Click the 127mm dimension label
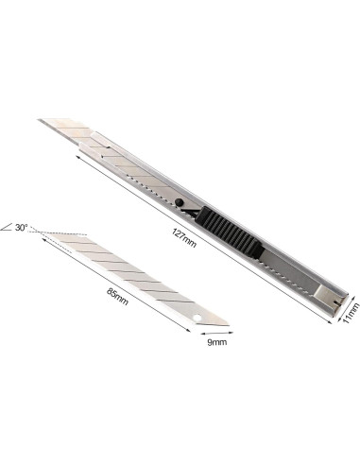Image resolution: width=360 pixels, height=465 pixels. [x=184, y=237]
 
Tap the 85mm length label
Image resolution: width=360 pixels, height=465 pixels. [x=117, y=297]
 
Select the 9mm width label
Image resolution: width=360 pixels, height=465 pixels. [x=216, y=342]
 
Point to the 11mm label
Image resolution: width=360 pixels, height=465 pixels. [x=351, y=313]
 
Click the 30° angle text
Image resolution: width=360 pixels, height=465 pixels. [x=21, y=227]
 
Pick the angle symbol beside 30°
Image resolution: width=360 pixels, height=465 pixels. [x=7, y=227]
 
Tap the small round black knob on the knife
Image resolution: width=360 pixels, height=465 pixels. [x=180, y=201]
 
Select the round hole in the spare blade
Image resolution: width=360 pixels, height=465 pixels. [x=197, y=318]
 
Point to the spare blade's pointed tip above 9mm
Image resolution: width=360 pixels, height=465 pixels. [x=228, y=325]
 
